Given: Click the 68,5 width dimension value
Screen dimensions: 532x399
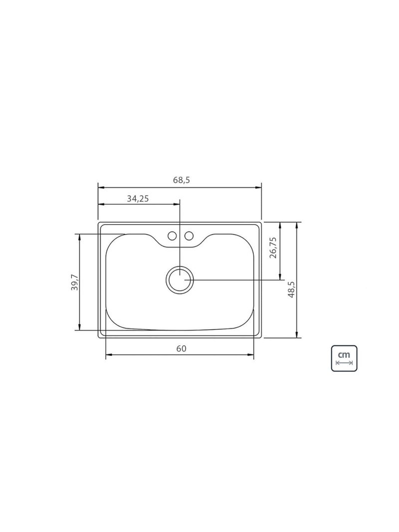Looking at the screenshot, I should [182, 181].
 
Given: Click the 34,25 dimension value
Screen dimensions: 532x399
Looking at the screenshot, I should [138, 198].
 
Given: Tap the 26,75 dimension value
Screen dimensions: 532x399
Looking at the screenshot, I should [273, 248].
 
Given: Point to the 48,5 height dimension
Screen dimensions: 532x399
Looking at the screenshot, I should [291, 289].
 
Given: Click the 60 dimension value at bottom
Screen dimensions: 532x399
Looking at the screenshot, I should [181, 348].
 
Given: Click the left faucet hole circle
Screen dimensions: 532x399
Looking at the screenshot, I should [173, 236].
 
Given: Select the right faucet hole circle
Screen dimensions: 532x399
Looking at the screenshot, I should [189, 236].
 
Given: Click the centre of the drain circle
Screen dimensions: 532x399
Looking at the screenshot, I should [179, 279].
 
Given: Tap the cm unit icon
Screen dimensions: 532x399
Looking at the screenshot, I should [345, 357].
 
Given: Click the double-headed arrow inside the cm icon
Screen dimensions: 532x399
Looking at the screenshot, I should [345, 363].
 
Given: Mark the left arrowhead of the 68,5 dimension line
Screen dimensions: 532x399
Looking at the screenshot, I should [100, 188].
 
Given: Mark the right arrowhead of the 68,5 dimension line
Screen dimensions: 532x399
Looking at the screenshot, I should [259, 188].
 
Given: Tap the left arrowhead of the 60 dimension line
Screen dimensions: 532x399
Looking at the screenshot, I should [108, 355].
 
